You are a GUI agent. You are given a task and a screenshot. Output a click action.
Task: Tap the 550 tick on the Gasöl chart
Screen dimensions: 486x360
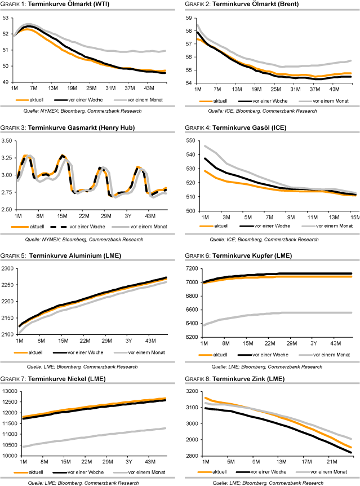[x=189, y=140]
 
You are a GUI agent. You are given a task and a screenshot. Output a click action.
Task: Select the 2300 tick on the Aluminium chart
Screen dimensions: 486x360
[x=8, y=268]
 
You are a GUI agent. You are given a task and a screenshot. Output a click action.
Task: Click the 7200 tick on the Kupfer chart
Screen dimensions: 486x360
[x=189, y=268]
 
